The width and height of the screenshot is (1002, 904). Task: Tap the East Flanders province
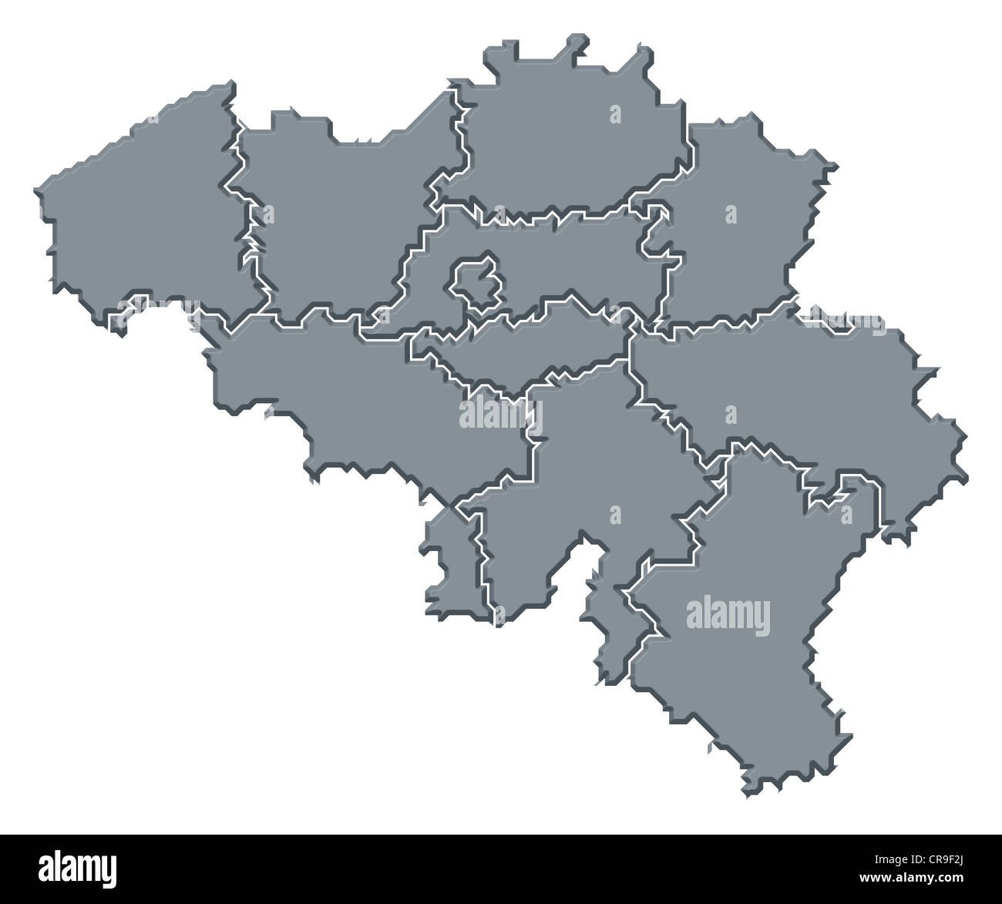(339, 223)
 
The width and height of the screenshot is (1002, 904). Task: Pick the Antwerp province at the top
(570, 146)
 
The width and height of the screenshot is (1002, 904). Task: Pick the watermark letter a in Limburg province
(731, 214)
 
